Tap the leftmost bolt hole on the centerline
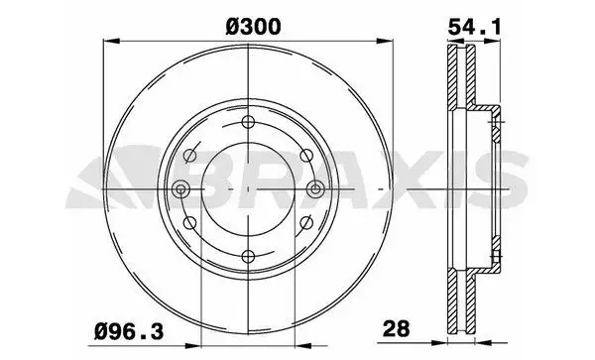coord(179,190)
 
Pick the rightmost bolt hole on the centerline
coord(314,190)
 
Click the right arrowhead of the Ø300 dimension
coord(384,41)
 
